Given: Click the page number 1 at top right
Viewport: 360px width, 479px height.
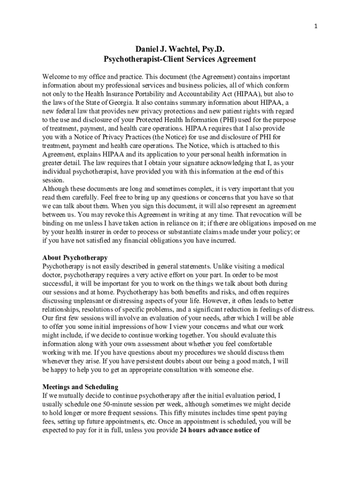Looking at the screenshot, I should (x=316, y=26).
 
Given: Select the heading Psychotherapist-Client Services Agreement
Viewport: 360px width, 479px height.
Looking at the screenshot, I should (x=180, y=59).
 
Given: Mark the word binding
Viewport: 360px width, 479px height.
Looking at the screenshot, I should (x=54, y=224).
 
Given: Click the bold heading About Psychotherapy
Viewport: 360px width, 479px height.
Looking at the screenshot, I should (x=75, y=258).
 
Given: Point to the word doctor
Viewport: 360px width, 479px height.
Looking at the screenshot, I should (x=52, y=275).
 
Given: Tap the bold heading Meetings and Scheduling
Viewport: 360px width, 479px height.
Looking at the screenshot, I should (x=80, y=387).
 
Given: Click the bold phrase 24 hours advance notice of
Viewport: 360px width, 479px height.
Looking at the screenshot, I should (x=219, y=430).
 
